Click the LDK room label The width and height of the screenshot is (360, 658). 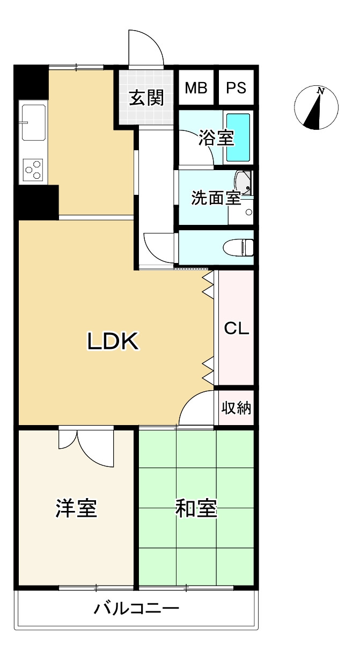pos(113,341)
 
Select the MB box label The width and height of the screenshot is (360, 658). pos(196,87)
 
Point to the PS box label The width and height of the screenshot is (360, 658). pos(236,87)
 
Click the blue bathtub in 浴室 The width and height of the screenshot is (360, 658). pos(238,137)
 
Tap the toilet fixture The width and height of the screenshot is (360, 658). pos(238,247)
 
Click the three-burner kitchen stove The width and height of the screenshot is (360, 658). pos(33,170)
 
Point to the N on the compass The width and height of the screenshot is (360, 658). pos(321,91)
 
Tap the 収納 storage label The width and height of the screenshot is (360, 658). pos(236,408)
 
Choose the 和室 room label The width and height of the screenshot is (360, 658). pos(196,508)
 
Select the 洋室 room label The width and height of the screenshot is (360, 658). pos(76,508)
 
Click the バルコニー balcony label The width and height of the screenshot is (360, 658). pos(136,608)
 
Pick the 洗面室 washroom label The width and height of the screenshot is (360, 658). pos(216,198)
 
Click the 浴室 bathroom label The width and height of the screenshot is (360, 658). pos(216,137)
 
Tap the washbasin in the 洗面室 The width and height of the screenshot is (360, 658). pos(243,182)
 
